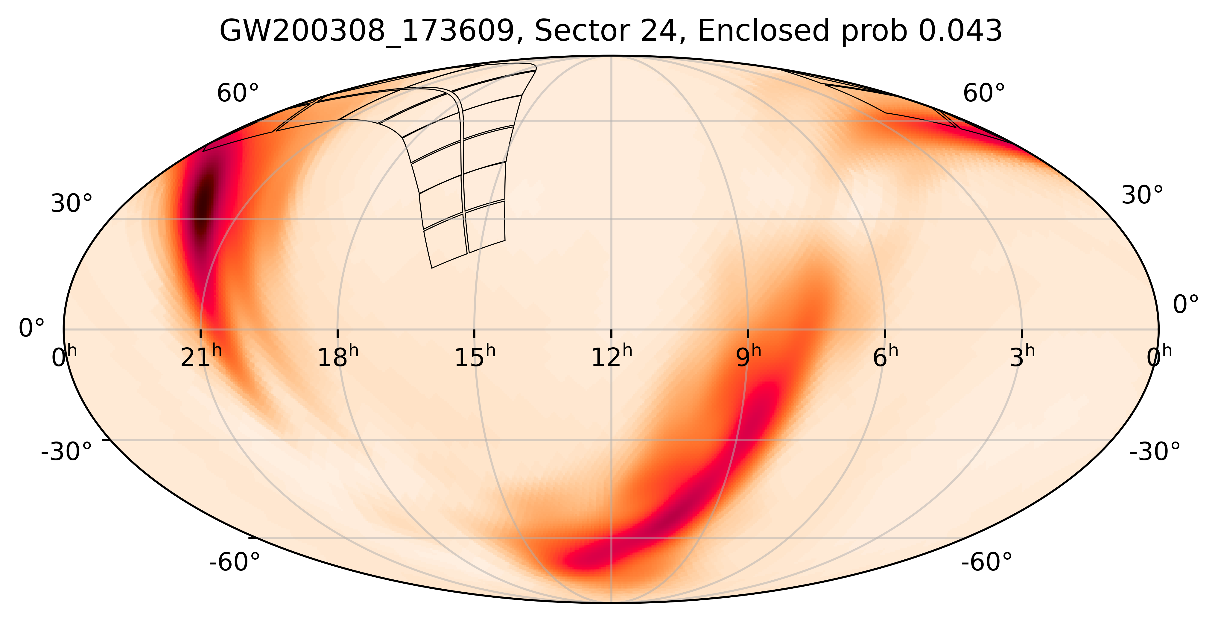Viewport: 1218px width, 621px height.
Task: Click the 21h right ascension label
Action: click(200, 357)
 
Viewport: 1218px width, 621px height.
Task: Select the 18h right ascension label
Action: click(337, 357)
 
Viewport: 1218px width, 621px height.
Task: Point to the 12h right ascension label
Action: click(611, 357)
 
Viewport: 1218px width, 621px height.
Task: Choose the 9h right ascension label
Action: click(748, 357)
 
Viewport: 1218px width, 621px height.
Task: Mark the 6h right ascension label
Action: click(885, 357)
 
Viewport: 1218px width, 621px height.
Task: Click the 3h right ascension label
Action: click(1022, 357)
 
